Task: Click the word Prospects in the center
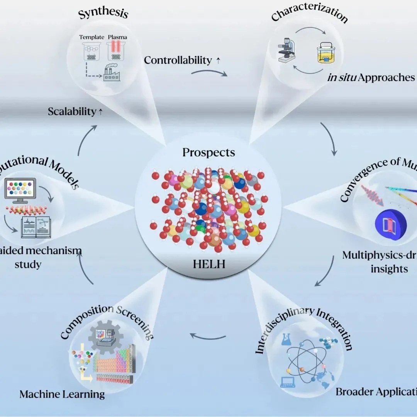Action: coord(208,152)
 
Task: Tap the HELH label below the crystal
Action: coord(208,264)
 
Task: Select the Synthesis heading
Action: coord(103,14)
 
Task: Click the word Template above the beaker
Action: coord(92,37)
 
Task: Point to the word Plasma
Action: coord(118,37)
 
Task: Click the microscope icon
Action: coord(286,54)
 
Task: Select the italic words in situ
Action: coord(341,77)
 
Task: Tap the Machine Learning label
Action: coord(62,394)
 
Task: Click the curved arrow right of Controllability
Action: coord(209,73)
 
